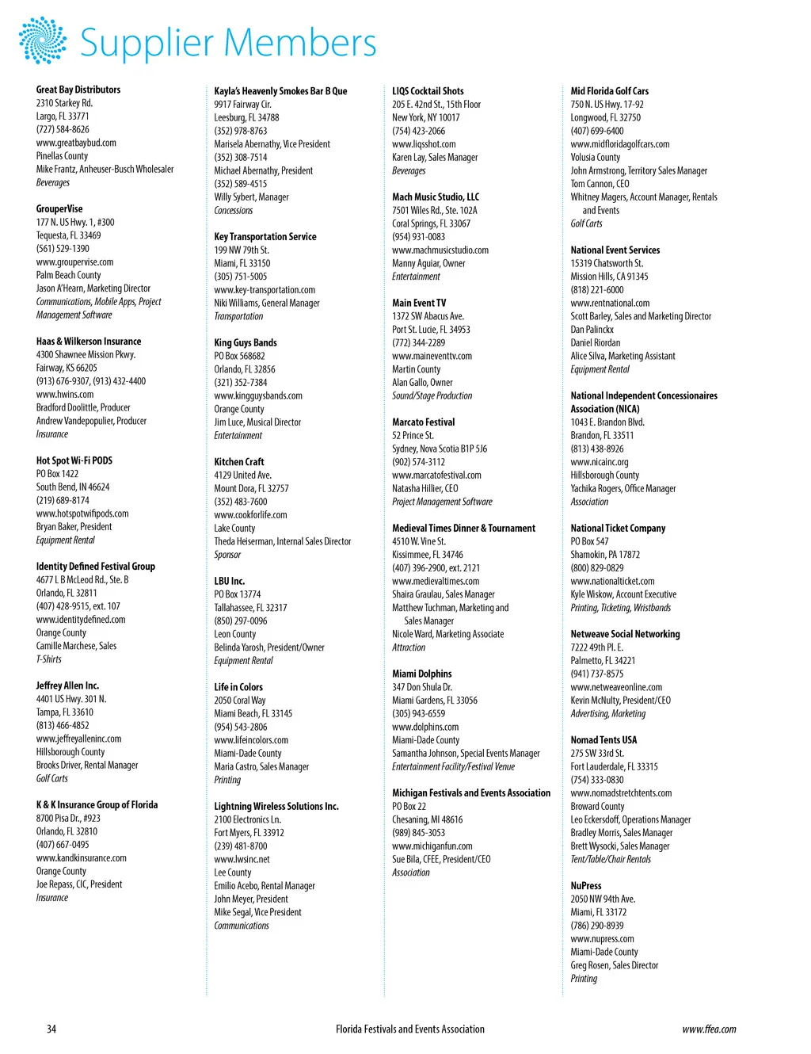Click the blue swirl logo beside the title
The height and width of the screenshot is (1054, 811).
pos(43,40)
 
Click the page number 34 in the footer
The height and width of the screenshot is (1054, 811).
pos(51,1029)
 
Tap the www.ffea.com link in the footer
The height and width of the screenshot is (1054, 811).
pos(709,1029)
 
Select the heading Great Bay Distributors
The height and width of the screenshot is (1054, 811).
pos(78,90)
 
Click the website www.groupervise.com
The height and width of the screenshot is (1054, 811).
pos(74,262)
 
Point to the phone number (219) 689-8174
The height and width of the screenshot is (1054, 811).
pos(63,500)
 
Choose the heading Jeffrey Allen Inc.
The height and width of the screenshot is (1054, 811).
pos(67,685)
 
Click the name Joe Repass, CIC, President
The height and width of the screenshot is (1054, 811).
pos(79,884)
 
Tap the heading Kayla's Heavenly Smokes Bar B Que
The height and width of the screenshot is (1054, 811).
pos(280,91)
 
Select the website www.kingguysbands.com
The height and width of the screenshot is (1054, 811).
pos(258,395)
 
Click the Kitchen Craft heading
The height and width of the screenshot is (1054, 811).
pos(239,461)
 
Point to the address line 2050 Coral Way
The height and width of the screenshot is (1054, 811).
pos(240,701)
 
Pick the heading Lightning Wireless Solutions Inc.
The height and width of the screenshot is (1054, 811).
pos(276,806)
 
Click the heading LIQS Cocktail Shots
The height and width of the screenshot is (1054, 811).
pos(428,91)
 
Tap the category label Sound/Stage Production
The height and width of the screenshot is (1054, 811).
pos(432,395)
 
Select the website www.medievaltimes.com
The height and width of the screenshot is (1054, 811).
pos(436,581)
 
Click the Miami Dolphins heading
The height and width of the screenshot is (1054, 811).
pos(422,674)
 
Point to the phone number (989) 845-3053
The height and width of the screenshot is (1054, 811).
pos(418,833)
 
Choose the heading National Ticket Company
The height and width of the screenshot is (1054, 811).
pos(618,528)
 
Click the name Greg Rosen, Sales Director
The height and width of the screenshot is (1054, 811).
pos(615,965)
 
